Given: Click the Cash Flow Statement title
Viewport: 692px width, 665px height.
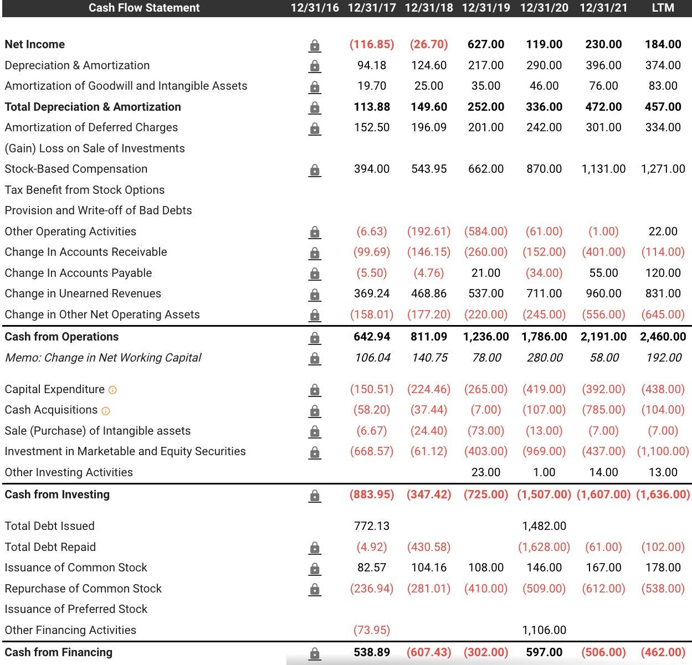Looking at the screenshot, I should point(144,8).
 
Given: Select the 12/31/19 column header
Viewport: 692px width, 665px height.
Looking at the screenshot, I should point(486,8).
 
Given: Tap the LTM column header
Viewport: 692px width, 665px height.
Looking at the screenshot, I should point(663,8).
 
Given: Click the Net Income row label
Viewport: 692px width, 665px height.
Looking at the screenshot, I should point(35,44).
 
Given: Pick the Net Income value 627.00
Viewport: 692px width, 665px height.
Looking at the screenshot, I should point(486,44).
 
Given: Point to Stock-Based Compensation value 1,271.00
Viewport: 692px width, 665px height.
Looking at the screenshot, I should point(663,169).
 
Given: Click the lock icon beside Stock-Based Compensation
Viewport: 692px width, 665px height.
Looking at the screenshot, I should point(315,170).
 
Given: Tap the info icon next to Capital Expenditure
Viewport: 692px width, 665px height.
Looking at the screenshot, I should point(113,390).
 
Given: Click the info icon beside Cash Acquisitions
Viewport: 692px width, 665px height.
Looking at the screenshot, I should point(106,411).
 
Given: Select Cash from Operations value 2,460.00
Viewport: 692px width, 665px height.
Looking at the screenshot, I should point(663,337).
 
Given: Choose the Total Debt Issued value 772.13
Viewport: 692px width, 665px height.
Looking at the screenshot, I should point(372,526).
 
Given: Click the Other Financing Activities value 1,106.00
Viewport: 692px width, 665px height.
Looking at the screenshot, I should point(544,630).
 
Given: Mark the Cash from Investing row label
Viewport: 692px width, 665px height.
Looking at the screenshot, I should point(57,494).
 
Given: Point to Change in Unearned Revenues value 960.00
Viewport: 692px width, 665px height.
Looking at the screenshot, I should point(603,293).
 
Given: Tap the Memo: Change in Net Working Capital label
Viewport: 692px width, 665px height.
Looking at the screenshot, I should point(103,358).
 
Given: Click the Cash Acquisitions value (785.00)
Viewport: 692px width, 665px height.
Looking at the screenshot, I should point(603,410).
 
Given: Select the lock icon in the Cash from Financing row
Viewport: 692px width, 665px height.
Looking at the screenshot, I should point(315,653).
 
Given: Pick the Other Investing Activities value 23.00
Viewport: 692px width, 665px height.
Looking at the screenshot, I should point(486,472).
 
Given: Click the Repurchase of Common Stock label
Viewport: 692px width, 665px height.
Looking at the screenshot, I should point(83,589).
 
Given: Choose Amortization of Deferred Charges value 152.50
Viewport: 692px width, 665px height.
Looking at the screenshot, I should point(372,127).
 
